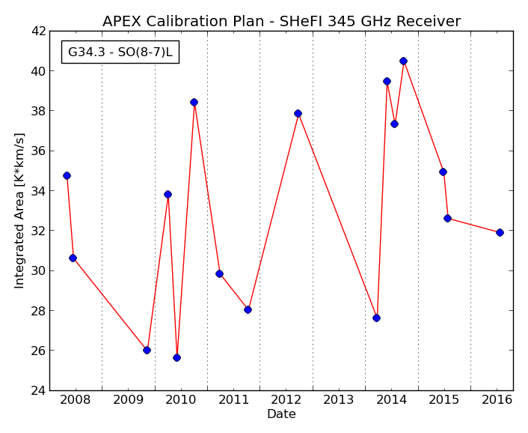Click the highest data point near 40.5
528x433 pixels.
tap(403, 61)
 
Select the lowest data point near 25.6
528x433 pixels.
tap(176, 358)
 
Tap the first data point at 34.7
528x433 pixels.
tap(67, 176)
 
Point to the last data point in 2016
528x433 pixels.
tap(500, 232)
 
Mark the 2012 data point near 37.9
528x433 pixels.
tap(298, 113)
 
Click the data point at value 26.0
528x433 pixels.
tap(147, 350)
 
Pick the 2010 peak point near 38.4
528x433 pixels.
tap(194, 102)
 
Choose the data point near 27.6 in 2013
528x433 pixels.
tap(376, 318)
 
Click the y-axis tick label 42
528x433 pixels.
tap(38, 31)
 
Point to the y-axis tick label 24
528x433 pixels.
tap(38, 390)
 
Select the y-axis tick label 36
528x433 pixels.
tap(38, 151)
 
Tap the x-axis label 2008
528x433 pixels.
tap(75, 400)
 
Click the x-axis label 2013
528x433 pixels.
tap(339, 400)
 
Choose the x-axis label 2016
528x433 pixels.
tap(497, 400)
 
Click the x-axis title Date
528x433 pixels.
tap(281, 414)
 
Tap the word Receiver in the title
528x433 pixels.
tap(429, 21)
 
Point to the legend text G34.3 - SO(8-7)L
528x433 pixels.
tap(120, 52)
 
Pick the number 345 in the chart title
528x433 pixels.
tap(342, 21)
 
